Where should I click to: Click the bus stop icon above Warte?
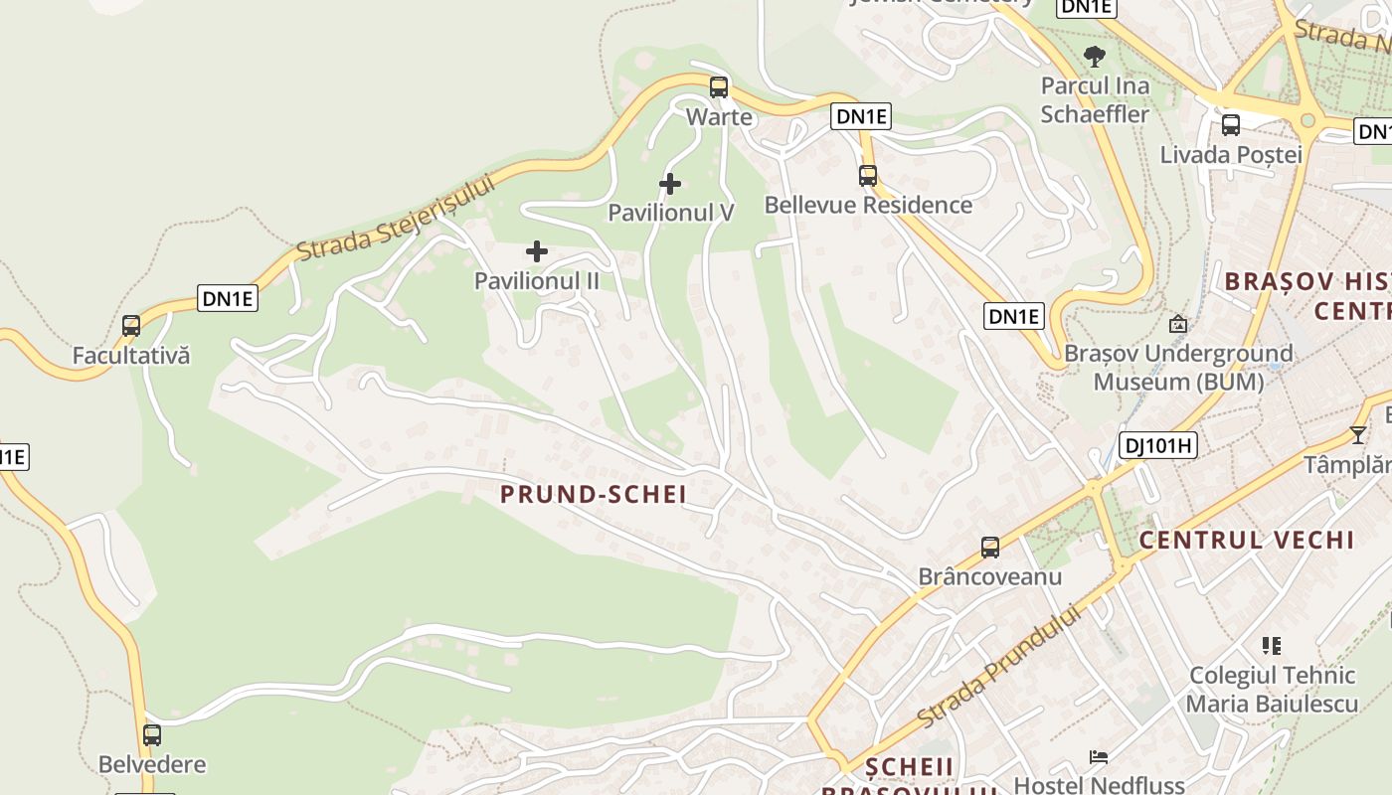[719, 87]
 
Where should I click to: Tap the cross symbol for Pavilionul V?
[670, 184]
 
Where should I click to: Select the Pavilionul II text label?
[537, 281]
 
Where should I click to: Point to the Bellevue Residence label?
[868, 205]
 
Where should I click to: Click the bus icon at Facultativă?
[131, 325]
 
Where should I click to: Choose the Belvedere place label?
[152, 764]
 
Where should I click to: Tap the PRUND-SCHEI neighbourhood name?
[594, 494]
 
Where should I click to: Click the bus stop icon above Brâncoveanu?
[990, 547]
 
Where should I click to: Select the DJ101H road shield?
[1157, 445]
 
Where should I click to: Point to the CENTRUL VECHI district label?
[1246, 540]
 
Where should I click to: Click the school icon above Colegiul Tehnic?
[1271, 646]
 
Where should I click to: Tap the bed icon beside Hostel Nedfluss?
[1099, 757]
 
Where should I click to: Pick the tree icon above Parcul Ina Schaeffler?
[1095, 57]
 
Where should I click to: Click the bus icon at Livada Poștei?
[1231, 125]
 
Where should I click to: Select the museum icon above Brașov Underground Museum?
[1178, 324]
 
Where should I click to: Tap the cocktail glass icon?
[1358, 434]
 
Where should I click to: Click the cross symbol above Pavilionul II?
[537, 251]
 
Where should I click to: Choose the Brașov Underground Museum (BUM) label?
[1178, 368]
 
